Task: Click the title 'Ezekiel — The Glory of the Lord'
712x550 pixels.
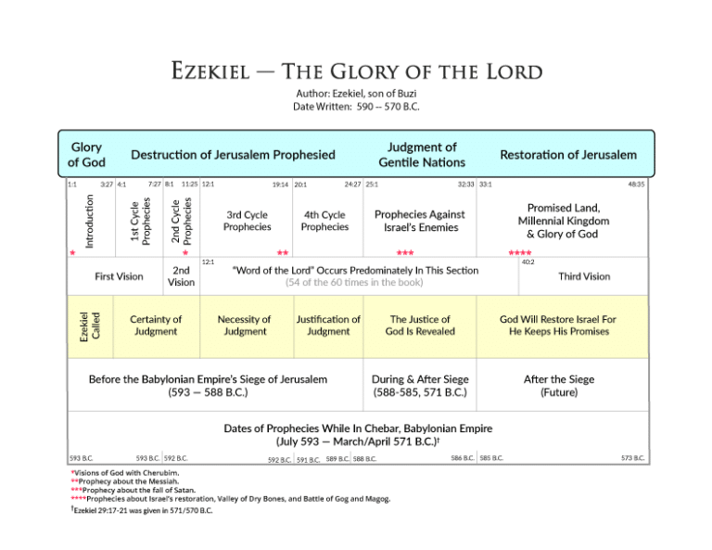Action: pos(356,72)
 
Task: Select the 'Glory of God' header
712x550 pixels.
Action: pos(86,155)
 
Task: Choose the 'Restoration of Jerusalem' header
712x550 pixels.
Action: pos(567,155)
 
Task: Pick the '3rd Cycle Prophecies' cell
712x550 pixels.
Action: pos(248,221)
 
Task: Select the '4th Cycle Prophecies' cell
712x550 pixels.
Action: pos(325,221)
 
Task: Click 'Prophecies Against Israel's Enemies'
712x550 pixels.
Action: pos(419,221)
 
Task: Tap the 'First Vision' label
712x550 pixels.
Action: pos(118,276)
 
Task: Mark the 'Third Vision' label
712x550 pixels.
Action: pos(583,276)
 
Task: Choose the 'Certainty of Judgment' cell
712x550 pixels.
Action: pos(156,326)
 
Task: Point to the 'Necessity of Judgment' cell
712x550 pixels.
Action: pos(244,326)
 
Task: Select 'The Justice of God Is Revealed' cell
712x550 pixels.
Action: pos(420,326)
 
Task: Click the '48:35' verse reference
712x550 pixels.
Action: pos(636,185)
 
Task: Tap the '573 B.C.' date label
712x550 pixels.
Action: pos(633,458)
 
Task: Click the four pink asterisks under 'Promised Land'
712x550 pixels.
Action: pos(520,252)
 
